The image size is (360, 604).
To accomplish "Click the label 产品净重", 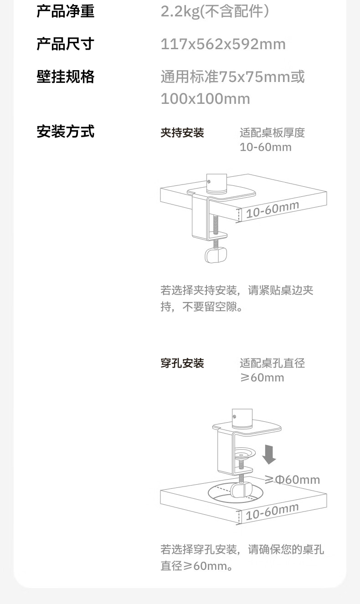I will tap(65, 11).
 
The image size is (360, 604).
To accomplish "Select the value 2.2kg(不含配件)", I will tap(215, 11).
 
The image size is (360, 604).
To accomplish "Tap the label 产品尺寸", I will tap(65, 44).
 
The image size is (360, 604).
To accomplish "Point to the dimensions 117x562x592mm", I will tap(223, 44).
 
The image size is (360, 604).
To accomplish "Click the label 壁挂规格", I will tap(65, 77).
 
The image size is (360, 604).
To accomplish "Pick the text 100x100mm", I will tap(205, 99).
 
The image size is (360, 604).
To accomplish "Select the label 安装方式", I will tap(65, 132).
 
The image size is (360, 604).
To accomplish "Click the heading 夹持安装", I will tap(182, 133).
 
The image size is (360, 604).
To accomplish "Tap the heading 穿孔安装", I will tap(182, 363).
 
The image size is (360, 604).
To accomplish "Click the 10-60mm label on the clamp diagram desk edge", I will tap(272, 210).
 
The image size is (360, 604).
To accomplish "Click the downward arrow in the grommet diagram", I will tap(269, 454).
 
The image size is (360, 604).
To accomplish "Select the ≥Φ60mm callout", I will tap(292, 480).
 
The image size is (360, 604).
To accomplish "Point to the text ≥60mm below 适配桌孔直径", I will tap(262, 378).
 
